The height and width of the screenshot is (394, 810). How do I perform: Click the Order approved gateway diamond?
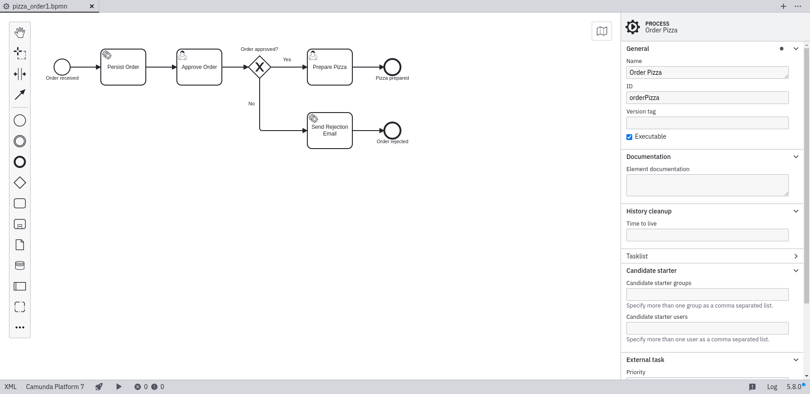click(260, 67)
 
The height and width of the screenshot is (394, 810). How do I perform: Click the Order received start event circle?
click(62, 67)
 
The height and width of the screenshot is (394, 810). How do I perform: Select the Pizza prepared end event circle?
click(392, 67)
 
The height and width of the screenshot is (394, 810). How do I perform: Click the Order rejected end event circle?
click(392, 131)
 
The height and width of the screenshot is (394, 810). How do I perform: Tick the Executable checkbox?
click(630, 137)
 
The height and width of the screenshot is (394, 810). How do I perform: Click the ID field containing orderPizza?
click(707, 98)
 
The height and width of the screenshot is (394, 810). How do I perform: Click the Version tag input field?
click(707, 123)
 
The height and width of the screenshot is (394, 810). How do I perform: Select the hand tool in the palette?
click(20, 32)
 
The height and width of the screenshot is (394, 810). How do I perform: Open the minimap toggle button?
click(602, 31)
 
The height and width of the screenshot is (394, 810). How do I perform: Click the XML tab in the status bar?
click(10, 387)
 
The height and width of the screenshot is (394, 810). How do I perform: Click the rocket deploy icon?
click(99, 387)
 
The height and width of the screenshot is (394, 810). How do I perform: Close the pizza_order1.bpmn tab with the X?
click(92, 6)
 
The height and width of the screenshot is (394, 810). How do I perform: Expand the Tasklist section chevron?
click(796, 256)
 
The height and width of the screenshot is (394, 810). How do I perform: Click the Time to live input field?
click(707, 235)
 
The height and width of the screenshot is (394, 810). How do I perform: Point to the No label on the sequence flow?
click(252, 104)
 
